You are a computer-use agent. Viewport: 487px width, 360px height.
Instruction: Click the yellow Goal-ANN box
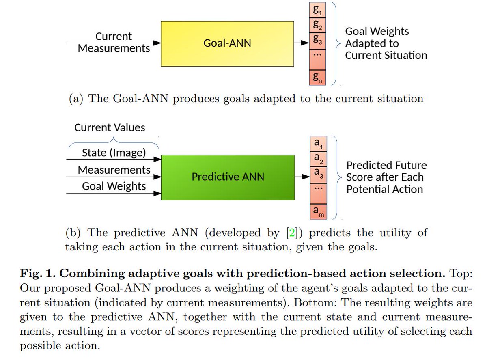coord(227,43)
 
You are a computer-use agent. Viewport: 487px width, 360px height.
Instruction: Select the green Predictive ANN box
coord(228,177)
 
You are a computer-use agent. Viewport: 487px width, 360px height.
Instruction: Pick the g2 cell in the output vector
coord(318,26)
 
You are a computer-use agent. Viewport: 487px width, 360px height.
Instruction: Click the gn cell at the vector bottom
coord(318,77)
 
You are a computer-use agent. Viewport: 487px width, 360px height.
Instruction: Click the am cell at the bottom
coord(318,211)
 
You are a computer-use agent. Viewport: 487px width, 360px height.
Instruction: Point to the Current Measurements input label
coord(114,42)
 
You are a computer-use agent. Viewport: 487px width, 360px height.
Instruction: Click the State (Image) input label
coord(114,153)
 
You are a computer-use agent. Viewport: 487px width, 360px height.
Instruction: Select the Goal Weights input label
coord(114,186)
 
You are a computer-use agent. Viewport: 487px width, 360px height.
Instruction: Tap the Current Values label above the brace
coord(110,128)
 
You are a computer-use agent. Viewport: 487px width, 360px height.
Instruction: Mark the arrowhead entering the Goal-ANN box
coord(157,43)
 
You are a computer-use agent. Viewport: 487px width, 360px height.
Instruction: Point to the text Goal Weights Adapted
coord(377,37)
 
